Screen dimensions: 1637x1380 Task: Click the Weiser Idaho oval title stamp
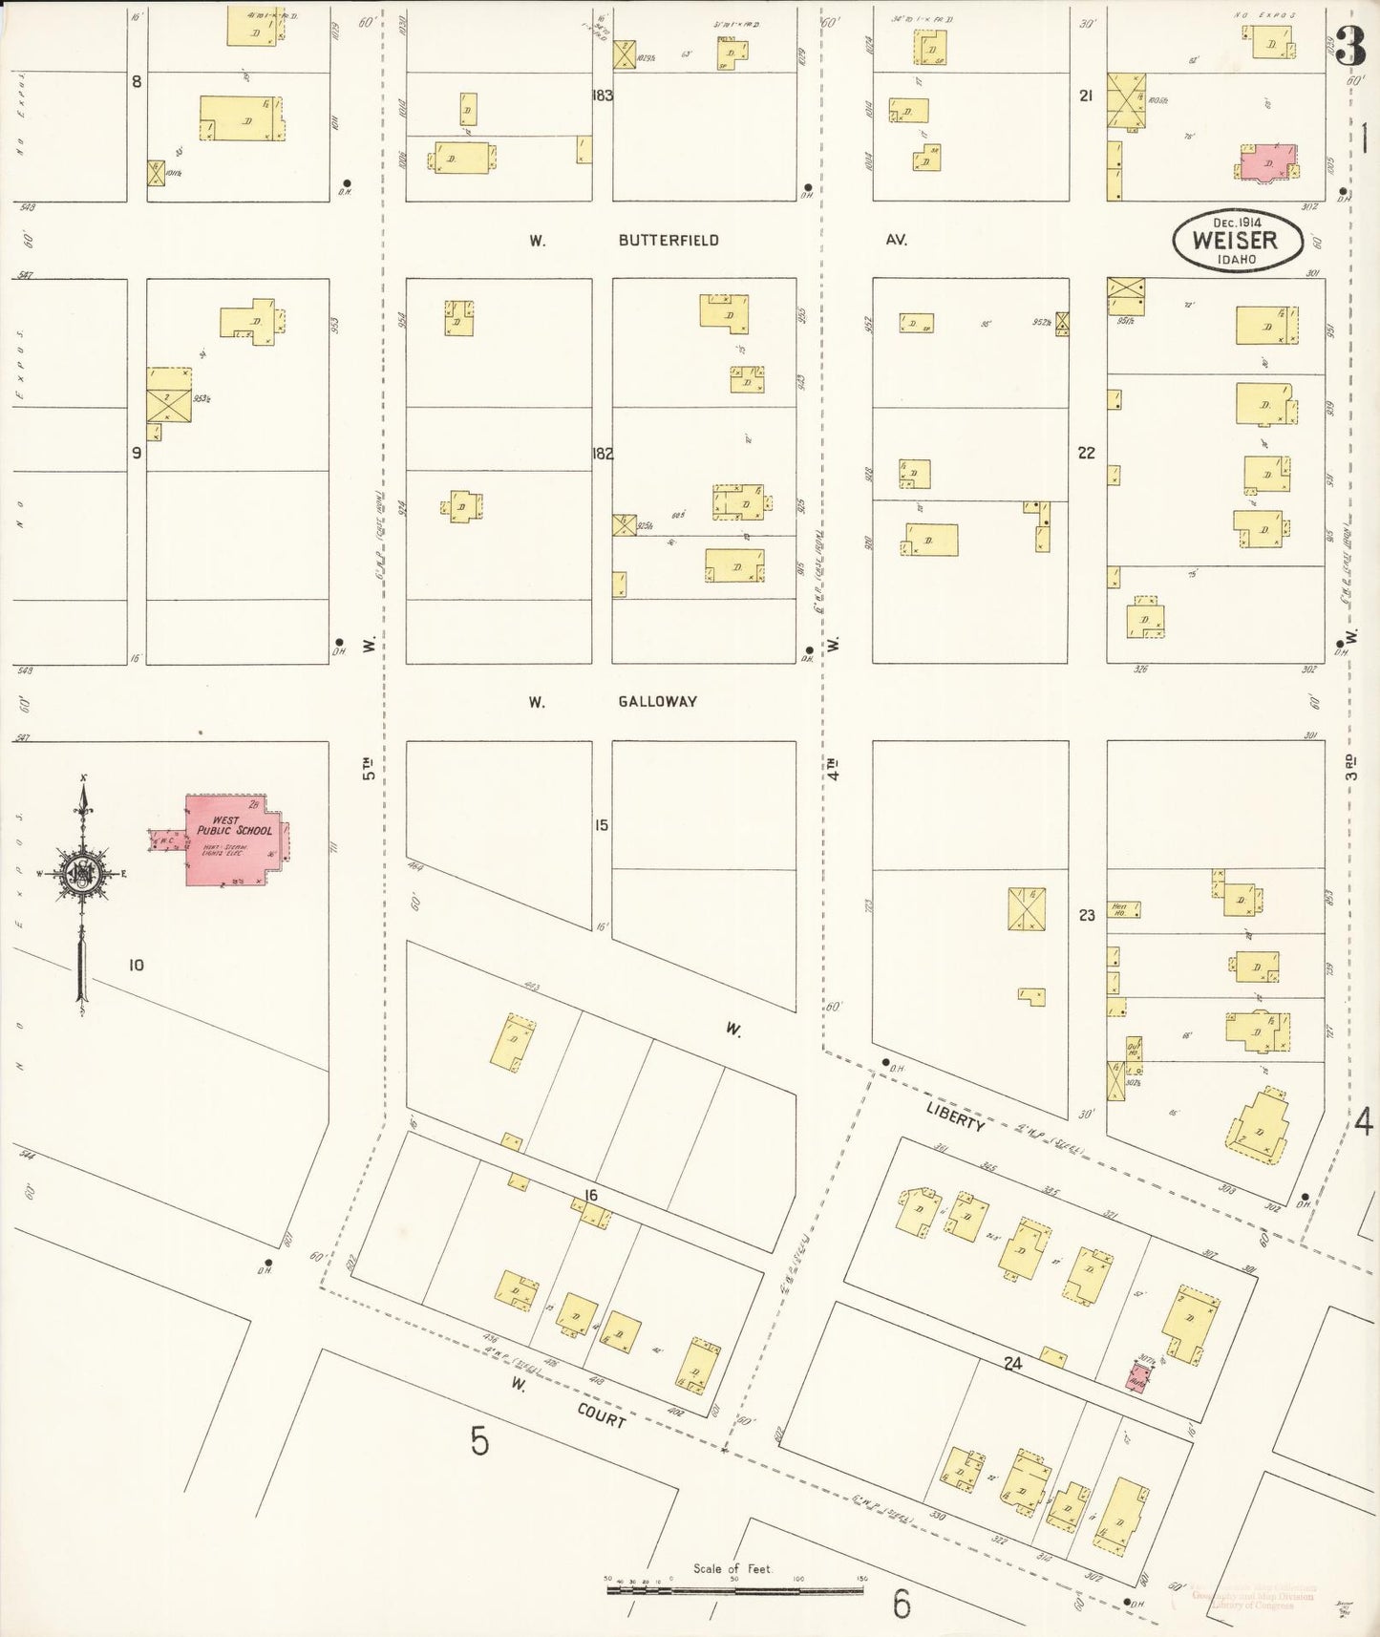tap(1236, 239)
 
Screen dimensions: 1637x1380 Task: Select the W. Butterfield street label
tap(668, 241)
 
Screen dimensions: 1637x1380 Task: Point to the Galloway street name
tap(657, 701)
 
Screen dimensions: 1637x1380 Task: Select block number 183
tap(602, 96)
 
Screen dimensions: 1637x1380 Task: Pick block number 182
tap(602, 454)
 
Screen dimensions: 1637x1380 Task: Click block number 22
tap(1086, 454)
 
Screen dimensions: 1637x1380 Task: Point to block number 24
tap(1012, 1366)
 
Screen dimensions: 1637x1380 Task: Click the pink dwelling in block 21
tap(1266, 162)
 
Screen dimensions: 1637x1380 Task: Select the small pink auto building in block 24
tap(1138, 1377)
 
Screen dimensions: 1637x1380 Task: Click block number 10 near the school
tap(136, 966)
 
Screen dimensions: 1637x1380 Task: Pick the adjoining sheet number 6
tap(902, 1604)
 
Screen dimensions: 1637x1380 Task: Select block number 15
tap(601, 825)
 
